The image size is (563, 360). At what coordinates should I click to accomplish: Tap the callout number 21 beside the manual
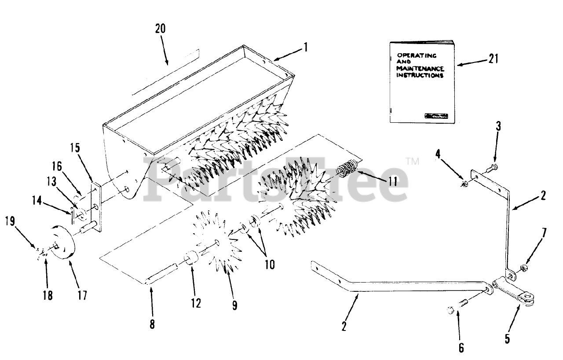point(493,59)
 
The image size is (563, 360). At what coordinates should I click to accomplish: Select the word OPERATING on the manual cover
point(417,56)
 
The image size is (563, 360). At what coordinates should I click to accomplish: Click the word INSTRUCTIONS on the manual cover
point(420,75)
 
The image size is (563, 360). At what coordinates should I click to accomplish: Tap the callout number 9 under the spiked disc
point(234,305)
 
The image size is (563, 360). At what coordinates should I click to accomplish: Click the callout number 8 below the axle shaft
point(152,324)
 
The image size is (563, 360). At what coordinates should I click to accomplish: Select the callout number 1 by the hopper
point(305,48)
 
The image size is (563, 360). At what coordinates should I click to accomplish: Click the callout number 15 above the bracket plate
point(75,148)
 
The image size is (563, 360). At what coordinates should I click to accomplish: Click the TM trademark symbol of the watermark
point(413,162)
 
